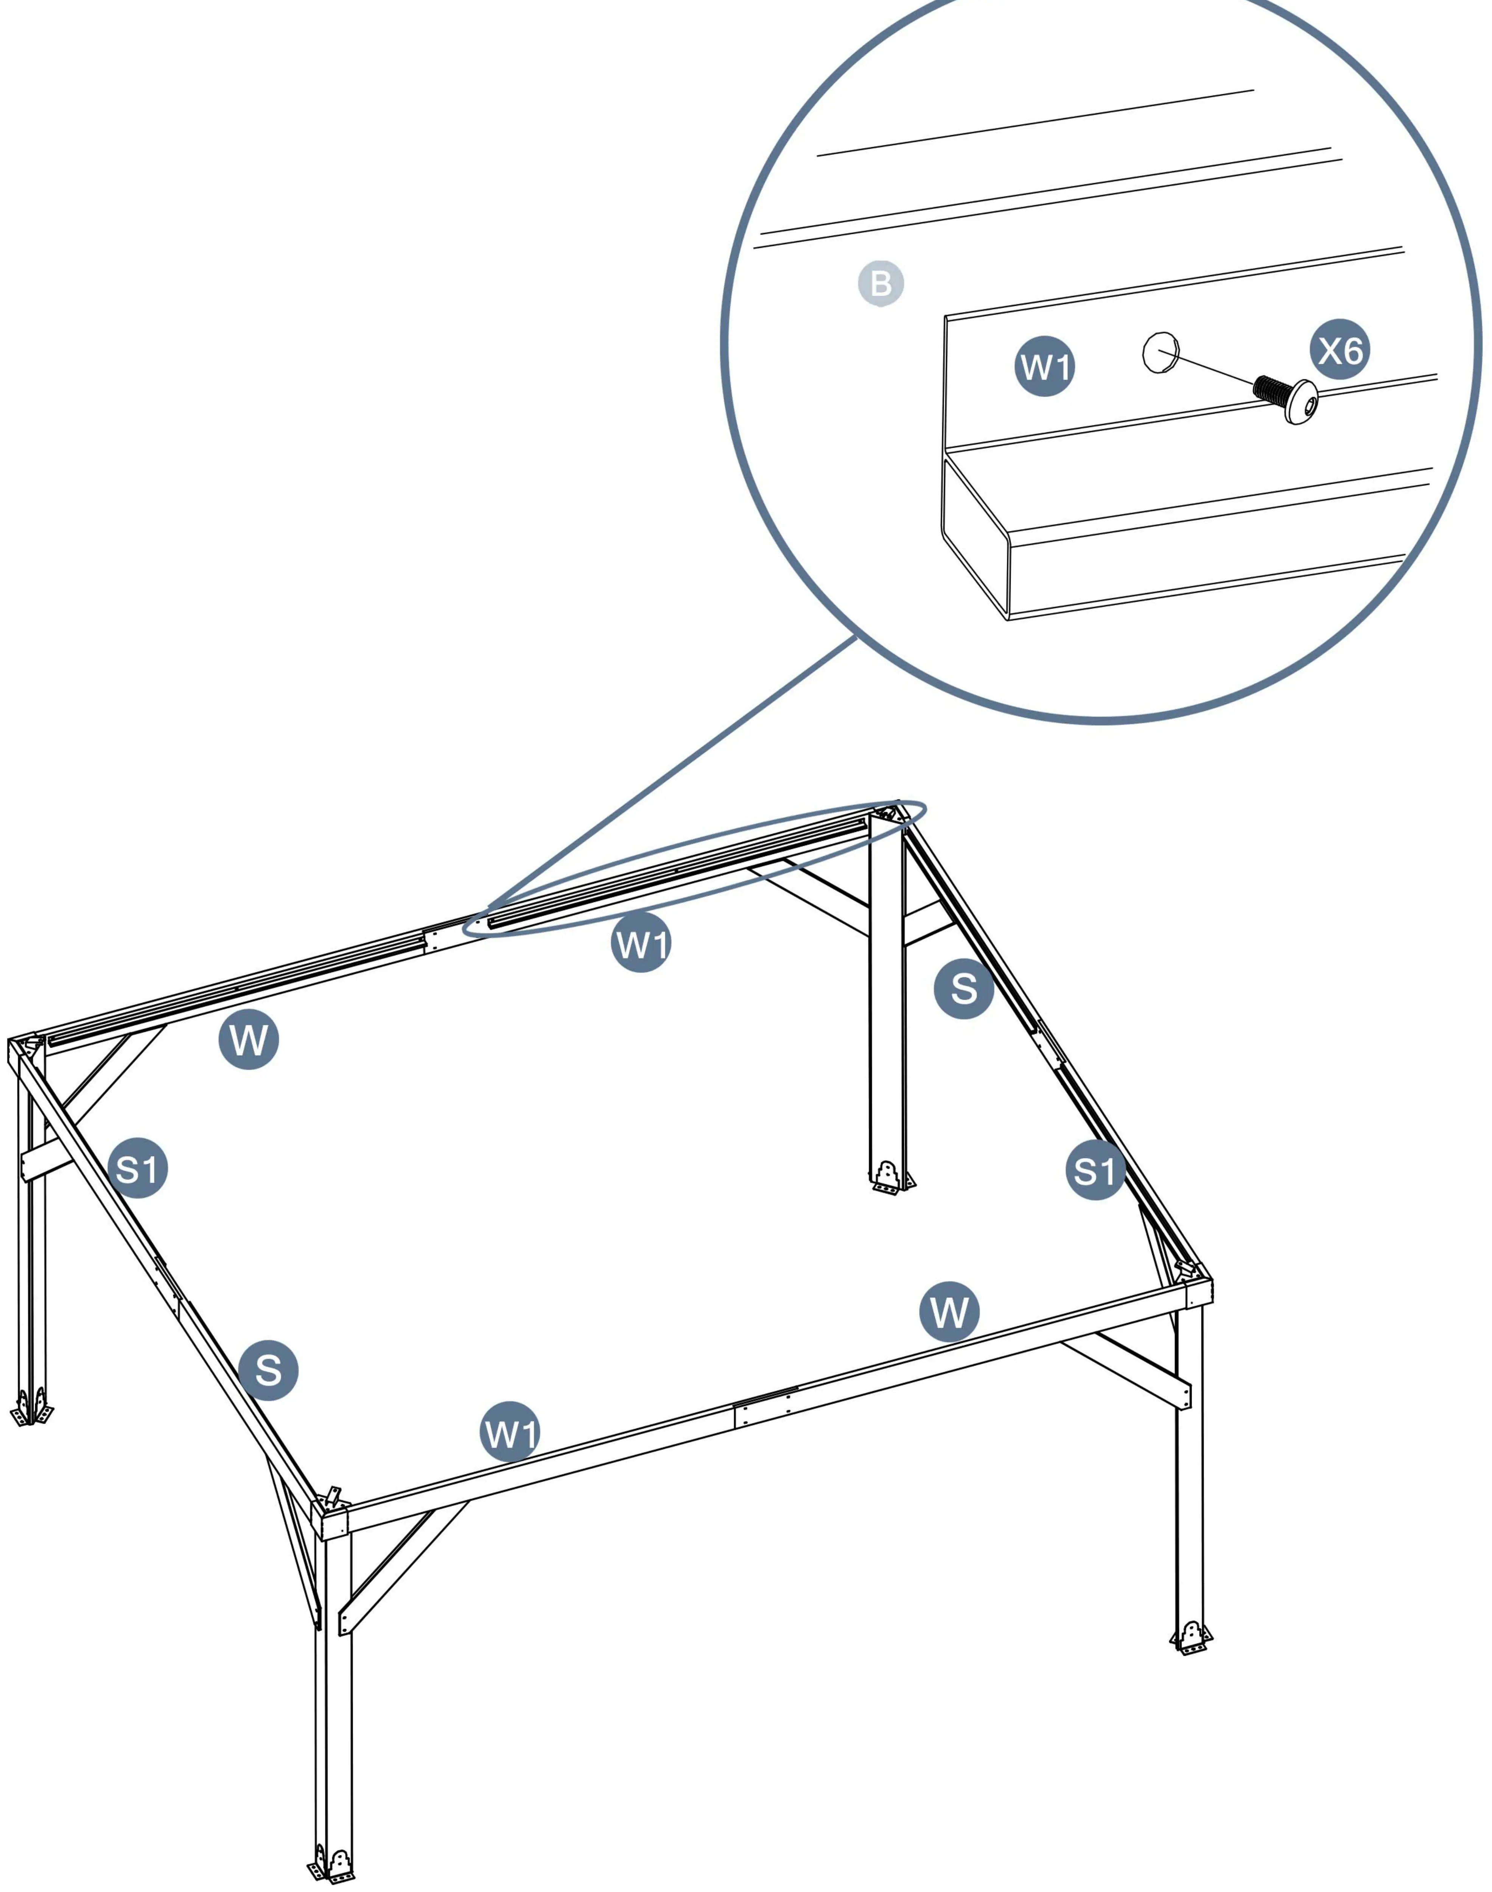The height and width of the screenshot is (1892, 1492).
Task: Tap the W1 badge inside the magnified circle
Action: [x=1045, y=366]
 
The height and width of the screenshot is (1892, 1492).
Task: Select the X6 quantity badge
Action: [x=1340, y=349]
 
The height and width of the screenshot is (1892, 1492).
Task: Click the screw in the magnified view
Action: [x=1286, y=398]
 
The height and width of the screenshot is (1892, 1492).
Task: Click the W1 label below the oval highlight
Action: [x=641, y=942]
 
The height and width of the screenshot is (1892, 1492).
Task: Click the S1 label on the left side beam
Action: [x=138, y=1168]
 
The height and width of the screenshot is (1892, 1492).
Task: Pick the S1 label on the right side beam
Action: [x=1095, y=1171]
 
